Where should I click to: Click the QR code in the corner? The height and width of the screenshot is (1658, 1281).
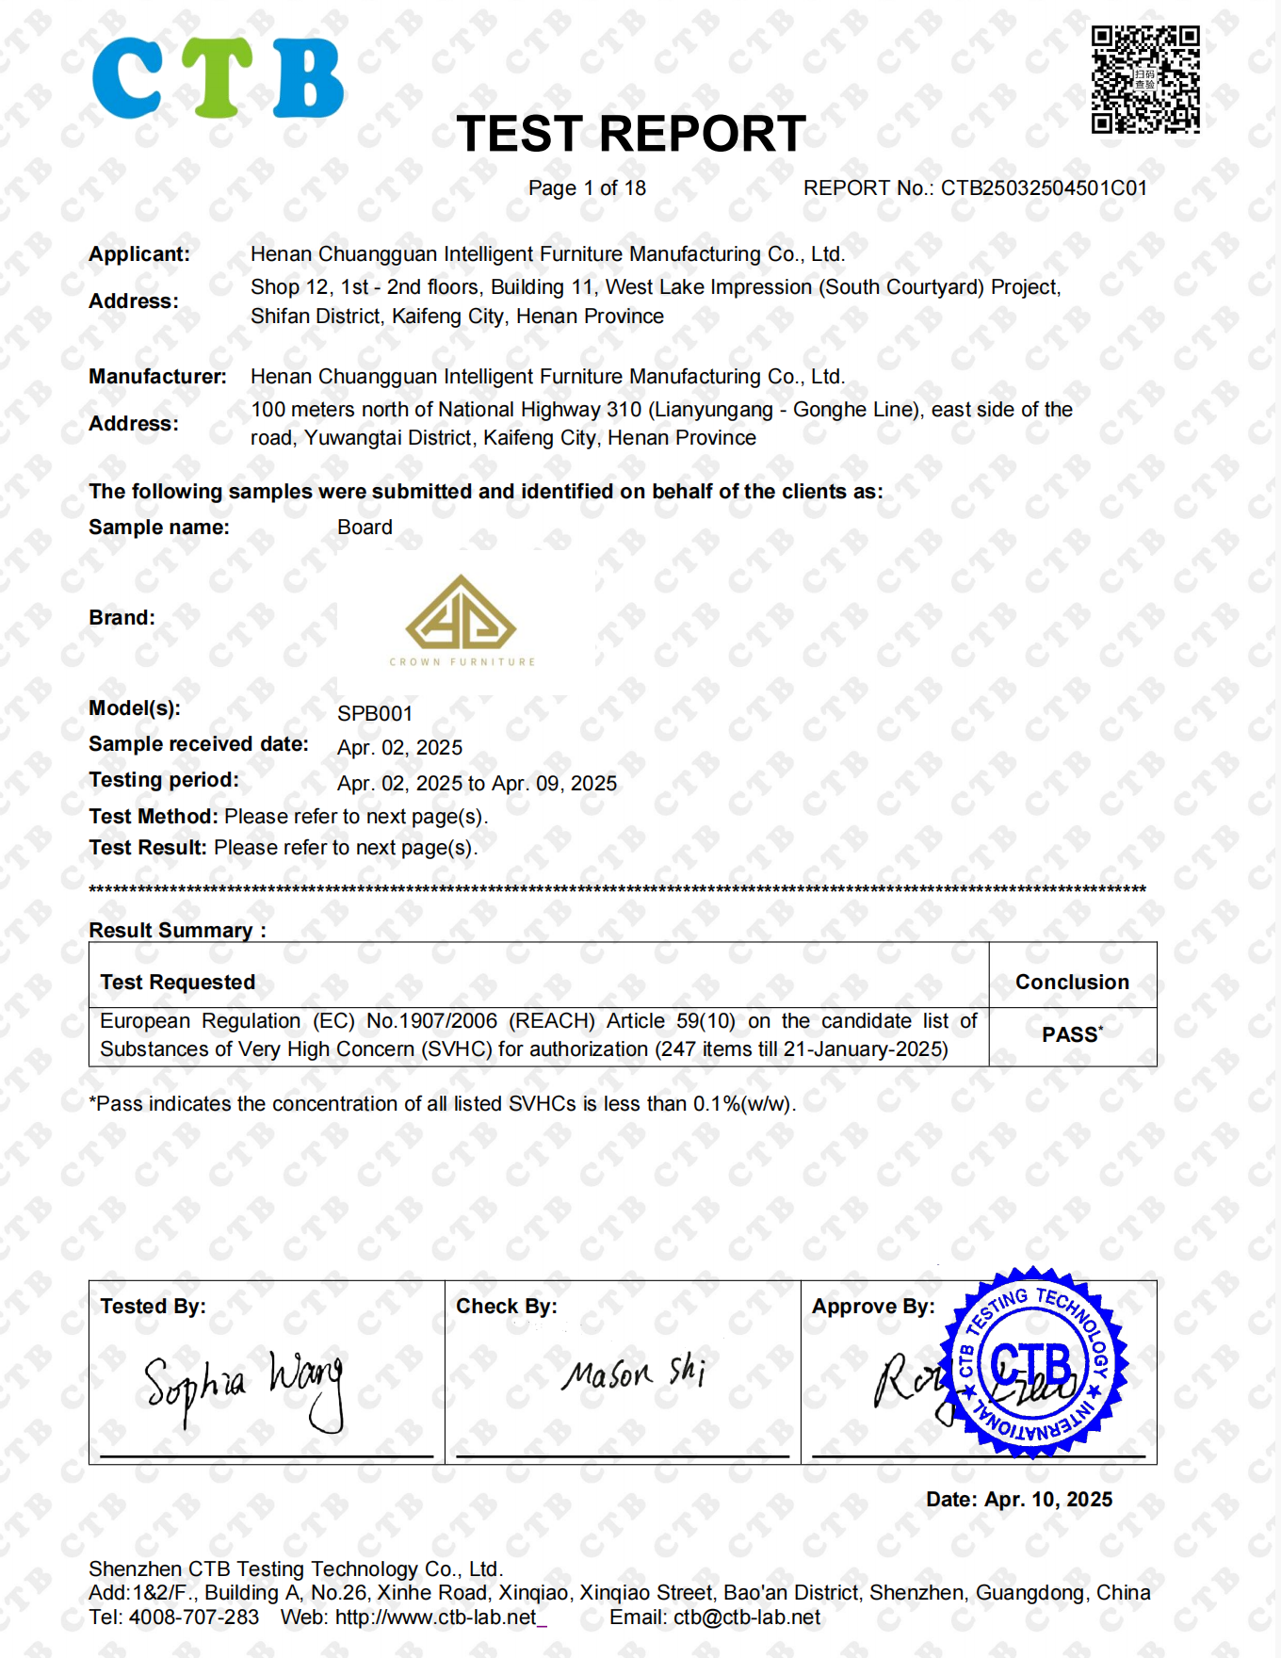(1145, 79)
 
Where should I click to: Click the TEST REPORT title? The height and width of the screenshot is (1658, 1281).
(631, 134)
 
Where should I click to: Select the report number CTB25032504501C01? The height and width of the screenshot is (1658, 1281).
(1044, 188)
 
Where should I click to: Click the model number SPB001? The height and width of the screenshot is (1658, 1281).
(375, 714)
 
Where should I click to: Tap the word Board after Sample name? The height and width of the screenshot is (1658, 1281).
(365, 528)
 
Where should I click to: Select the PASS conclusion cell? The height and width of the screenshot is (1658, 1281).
(1072, 1035)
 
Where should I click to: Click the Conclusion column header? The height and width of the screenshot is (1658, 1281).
(1072, 982)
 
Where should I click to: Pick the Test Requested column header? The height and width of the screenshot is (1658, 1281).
(178, 982)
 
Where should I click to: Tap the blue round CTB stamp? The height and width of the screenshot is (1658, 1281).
(1033, 1362)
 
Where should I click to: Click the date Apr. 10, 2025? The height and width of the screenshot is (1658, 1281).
(1047, 1500)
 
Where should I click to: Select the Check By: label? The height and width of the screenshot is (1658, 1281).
(507, 1307)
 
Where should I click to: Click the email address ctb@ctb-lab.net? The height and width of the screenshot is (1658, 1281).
(747, 1617)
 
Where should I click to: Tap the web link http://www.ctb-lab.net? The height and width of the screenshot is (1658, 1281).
(436, 1617)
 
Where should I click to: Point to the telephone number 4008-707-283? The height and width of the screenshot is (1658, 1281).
(194, 1617)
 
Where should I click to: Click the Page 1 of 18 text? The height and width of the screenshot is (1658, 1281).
(587, 188)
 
